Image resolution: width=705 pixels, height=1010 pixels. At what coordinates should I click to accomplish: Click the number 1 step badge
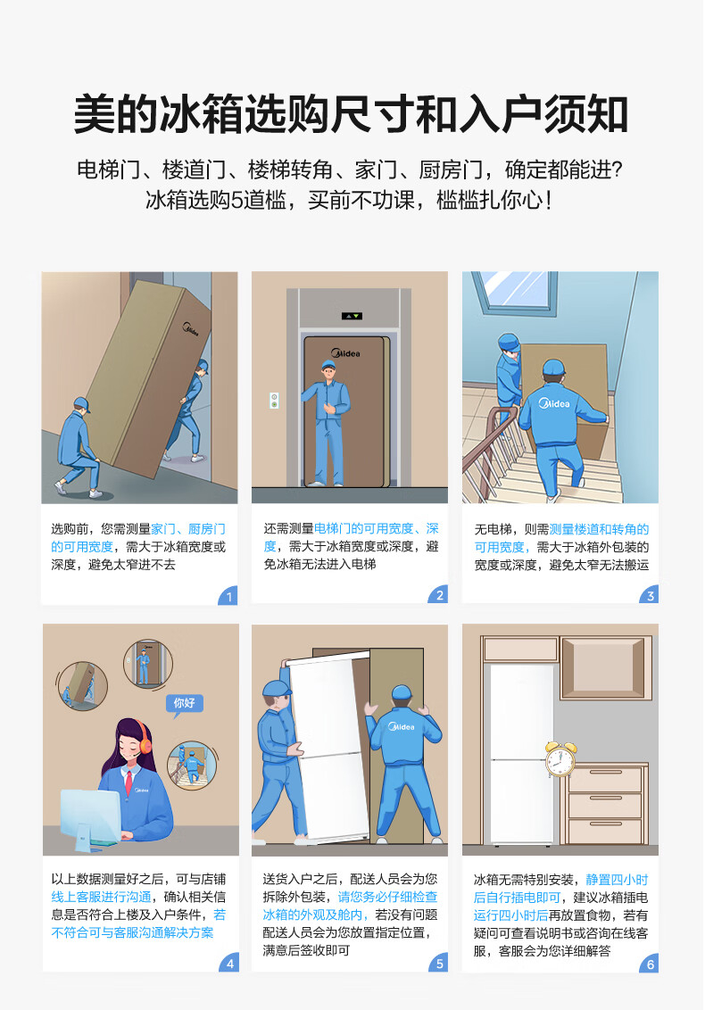tap(228, 596)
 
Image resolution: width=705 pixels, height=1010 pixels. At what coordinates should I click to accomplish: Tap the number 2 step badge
tap(439, 594)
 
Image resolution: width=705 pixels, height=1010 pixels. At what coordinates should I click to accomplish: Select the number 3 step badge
tap(650, 595)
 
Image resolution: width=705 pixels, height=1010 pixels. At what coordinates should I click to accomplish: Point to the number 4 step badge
tap(229, 963)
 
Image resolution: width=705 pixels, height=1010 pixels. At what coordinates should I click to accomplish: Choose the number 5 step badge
tap(439, 963)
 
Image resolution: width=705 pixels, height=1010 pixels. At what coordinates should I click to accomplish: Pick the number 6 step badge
tap(650, 963)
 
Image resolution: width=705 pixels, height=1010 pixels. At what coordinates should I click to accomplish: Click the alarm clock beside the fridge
tap(560, 759)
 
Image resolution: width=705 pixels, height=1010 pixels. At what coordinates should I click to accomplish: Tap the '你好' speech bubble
tap(185, 704)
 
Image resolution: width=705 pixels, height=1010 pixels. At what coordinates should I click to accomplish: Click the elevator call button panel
tap(274, 400)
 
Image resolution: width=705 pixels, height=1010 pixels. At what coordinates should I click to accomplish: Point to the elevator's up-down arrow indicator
tap(352, 316)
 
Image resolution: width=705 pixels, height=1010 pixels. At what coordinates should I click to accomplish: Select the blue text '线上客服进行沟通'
tap(101, 897)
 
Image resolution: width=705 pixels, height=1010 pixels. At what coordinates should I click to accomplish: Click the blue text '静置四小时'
tap(617, 879)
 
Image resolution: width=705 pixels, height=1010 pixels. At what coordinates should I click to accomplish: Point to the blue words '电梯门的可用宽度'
tap(364, 528)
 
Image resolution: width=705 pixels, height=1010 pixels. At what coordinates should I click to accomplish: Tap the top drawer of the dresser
tap(606, 780)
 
